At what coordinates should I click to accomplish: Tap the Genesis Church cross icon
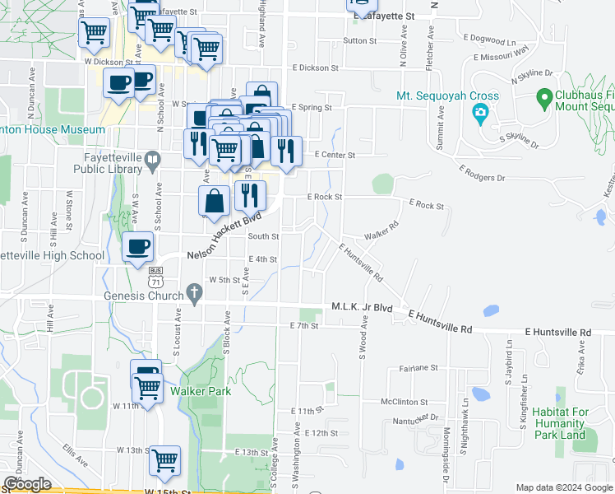[194, 292]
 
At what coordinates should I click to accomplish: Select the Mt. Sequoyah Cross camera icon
[481, 114]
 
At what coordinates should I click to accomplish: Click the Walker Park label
[201, 391]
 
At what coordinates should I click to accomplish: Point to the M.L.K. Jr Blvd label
[362, 307]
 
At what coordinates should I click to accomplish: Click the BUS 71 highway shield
[155, 276]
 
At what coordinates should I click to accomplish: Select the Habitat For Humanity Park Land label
[569, 423]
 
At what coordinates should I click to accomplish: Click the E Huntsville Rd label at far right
[557, 333]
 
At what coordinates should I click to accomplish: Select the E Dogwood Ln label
[489, 41]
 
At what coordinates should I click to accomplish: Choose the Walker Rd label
[381, 230]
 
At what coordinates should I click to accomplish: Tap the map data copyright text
[564, 487]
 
